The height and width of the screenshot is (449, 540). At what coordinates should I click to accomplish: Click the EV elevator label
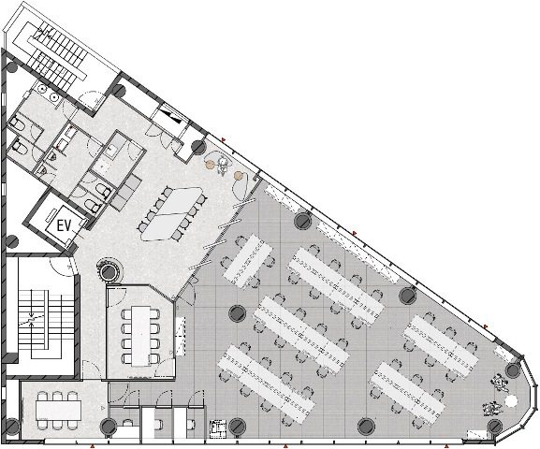pyautogui.click(x=64, y=225)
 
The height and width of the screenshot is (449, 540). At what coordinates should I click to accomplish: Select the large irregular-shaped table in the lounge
pyautogui.click(x=172, y=213)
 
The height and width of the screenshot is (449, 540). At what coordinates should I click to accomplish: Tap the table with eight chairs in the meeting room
pyautogui.click(x=140, y=336)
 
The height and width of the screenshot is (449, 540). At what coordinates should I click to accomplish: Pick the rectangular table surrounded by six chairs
pyautogui.click(x=59, y=410)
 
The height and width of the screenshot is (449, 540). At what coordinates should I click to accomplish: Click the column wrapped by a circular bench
pyautogui.click(x=109, y=272)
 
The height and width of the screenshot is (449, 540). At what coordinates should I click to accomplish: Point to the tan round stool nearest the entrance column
pyautogui.click(x=210, y=165)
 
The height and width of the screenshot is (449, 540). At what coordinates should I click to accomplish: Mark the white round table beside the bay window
pyautogui.click(x=510, y=400)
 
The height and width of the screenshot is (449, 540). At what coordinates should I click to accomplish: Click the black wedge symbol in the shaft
pyautogui.click(x=173, y=116)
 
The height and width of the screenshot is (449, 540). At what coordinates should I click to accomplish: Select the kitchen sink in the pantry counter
pyautogui.click(x=111, y=151)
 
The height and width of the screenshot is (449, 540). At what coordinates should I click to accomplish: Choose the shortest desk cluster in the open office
pyautogui.click(x=248, y=261)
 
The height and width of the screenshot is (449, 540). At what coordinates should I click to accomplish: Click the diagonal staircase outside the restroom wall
pyautogui.click(x=57, y=55)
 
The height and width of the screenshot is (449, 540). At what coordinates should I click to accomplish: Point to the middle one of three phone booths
pyautogui.click(x=157, y=418)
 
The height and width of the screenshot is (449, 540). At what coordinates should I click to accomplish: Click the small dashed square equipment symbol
pyautogui.click(x=218, y=428)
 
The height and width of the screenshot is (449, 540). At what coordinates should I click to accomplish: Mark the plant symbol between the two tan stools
pyautogui.click(x=223, y=165)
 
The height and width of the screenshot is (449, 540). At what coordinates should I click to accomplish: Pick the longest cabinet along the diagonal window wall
pyautogui.click(x=358, y=252)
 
